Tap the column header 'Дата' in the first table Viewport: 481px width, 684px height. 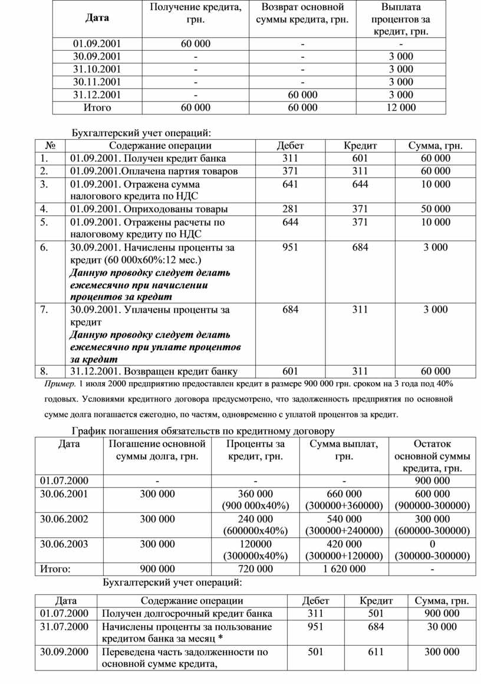click(97, 18)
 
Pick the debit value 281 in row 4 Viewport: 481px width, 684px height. click(291, 209)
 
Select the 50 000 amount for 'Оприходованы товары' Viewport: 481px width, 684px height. click(436, 209)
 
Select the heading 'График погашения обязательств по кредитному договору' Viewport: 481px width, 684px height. click(203, 431)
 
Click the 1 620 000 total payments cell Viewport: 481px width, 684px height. click(344, 569)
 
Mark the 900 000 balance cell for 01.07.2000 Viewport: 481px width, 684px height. click(432, 481)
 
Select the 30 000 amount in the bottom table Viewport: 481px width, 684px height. click(442, 626)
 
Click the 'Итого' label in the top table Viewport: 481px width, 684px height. click(97, 107)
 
